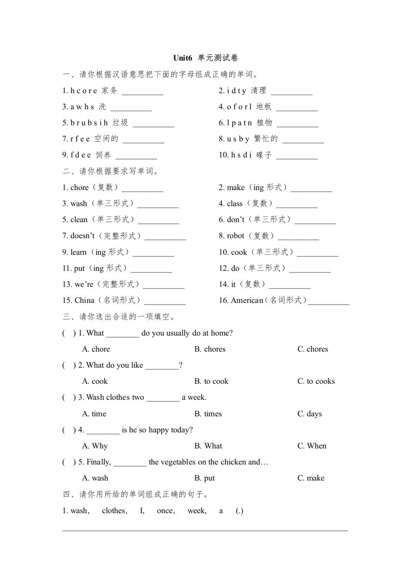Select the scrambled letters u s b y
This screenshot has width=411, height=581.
click(238, 139)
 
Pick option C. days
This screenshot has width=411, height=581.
click(309, 414)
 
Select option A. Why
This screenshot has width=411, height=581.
click(95, 446)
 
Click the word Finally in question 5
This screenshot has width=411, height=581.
click(98, 462)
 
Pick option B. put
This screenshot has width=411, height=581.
click(205, 478)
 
